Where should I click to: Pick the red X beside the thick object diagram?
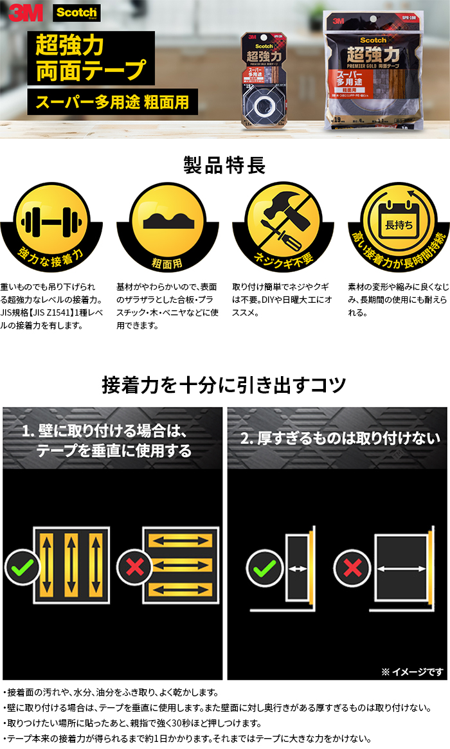(x=352, y=568)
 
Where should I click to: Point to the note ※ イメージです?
(x=411, y=671)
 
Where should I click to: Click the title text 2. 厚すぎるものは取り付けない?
(x=340, y=438)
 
